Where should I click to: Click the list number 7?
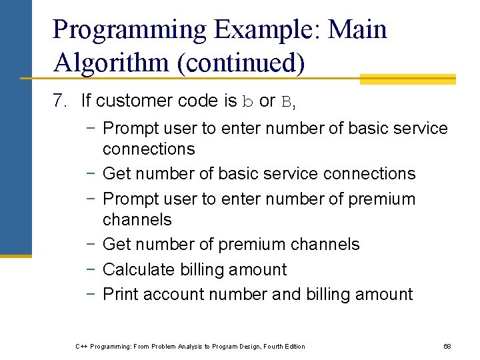pyautogui.click(x=60, y=101)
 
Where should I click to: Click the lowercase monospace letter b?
pyautogui.click(x=247, y=101)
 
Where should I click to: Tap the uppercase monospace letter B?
pyautogui.click(x=287, y=101)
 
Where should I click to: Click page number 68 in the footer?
pyautogui.click(x=447, y=346)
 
